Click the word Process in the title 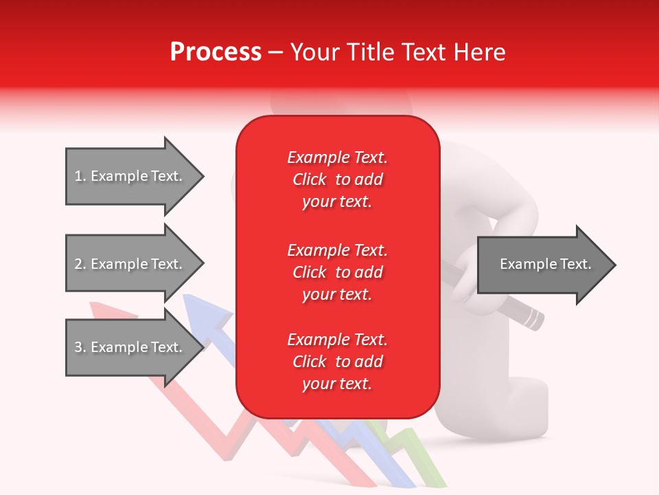point(216,52)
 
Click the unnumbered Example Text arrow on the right point(546,265)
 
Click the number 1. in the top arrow point(80,176)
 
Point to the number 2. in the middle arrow point(80,264)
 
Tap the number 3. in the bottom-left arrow point(80,347)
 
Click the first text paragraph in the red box point(337,179)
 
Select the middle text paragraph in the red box point(337,272)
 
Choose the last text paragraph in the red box point(337,362)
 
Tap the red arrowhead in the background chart point(110,310)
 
